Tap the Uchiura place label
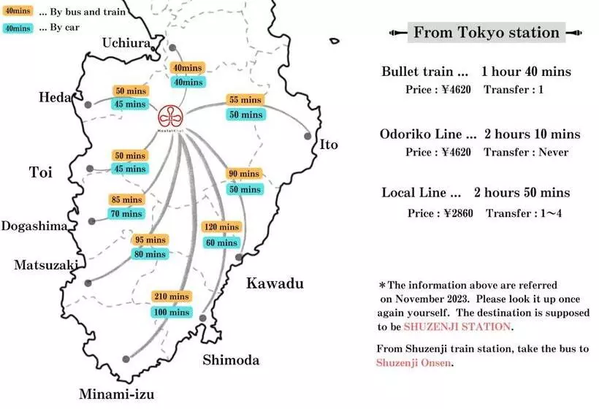126,42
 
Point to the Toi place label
41,172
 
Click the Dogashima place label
34,226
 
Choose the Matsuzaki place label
45,265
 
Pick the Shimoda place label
231,360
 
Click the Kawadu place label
274,283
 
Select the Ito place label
329,145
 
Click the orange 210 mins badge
171,297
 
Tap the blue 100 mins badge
171,313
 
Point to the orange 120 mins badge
221,227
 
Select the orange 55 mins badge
245,100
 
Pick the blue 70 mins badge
126,215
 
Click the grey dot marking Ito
308,135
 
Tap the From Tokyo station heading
486,32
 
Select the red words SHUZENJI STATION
457,326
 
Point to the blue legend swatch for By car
17,28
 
